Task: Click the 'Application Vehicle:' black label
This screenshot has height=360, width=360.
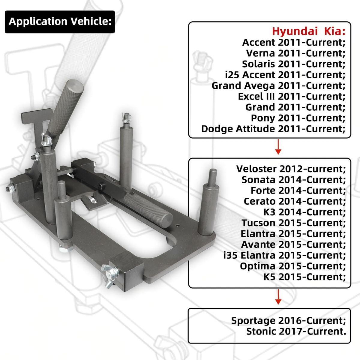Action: pyautogui.click(x=60, y=22)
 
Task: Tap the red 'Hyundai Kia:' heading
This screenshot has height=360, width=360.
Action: pyautogui.click(x=308, y=31)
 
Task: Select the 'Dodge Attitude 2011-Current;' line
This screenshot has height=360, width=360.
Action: pyautogui.click(x=273, y=129)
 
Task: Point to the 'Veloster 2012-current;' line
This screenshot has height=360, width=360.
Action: pyautogui.click(x=291, y=169)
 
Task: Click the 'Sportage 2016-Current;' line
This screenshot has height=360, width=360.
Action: pyautogui.click(x=288, y=321)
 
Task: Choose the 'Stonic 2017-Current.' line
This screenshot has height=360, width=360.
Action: pyautogui.click(x=296, y=331)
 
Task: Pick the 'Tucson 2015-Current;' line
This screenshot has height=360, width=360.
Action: pyautogui.click(x=293, y=223)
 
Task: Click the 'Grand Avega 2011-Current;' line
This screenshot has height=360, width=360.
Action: pyautogui.click(x=278, y=86)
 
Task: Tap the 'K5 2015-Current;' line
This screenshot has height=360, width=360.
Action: pyautogui.click(x=304, y=277)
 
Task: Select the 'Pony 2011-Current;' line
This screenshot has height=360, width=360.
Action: pyautogui.click(x=298, y=118)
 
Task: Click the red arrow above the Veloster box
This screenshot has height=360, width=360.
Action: pyautogui.click(x=278, y=147)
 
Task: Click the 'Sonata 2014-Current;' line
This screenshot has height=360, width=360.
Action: pyautogui.click(x=293, y=180)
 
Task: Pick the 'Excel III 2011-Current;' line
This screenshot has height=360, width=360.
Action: pyautogui.click(x=291, y=97)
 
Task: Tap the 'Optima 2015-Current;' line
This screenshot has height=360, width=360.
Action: pyautogui.click(x=292, y=266)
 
